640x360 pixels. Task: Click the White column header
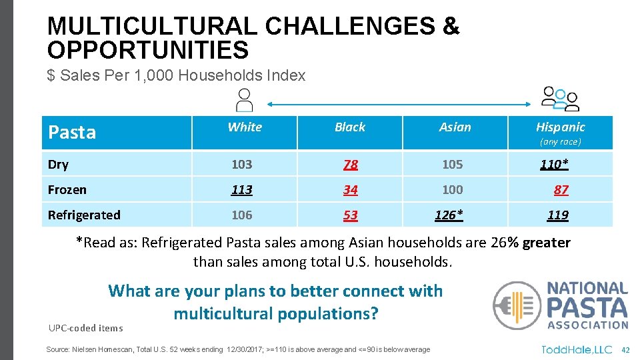click(x=245, y=127)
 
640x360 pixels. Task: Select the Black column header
click(x=350, y=127)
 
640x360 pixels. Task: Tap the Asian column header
click(x=455, y=127)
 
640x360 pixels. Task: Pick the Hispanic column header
click(x=560, y=127)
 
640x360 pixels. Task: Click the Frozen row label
click(x=67, y=190)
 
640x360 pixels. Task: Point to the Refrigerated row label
click(x=84, y=215)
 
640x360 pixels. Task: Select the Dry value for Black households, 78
click(x=350, y=165)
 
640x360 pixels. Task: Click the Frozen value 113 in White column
click(x=241, y=190)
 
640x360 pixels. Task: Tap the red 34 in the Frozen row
click(x=350, y=190)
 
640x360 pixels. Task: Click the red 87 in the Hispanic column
click(x=561, y=190)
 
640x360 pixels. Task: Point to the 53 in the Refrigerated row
click(x=350, y=215)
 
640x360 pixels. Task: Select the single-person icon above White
click(x=245, y=101)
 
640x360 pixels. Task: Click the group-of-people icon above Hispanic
click(x=560, y=99)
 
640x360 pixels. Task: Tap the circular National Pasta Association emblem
click(x=517, y=305)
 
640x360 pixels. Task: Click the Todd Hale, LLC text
click(x=577, y=349)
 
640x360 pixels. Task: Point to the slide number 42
click(x=625, y=349)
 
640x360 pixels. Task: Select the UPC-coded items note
click(x=85, y=327)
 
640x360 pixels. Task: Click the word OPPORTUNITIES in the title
click(x=148, y=50)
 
